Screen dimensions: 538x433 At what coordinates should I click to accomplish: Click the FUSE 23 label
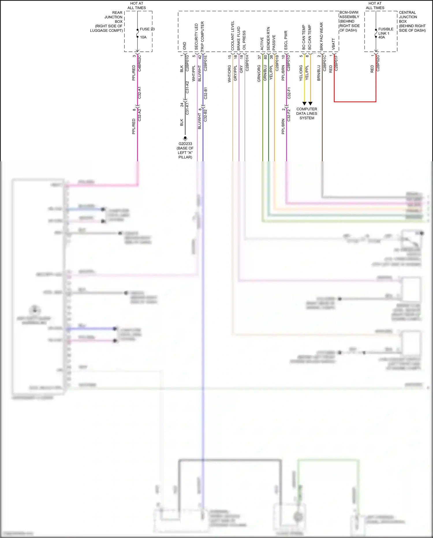pos(147,29)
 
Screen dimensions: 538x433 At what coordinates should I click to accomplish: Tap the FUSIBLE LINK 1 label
pos(385,31)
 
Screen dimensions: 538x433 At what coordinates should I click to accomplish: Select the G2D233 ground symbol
pos(185,138)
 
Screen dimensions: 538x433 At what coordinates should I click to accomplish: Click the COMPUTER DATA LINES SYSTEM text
pos(307,114)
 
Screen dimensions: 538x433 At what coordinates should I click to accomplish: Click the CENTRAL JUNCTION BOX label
pos(412,21)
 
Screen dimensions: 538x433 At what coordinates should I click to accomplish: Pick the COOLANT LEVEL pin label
pos(233,36)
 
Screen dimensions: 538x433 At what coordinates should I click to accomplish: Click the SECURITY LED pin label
pos(197,37)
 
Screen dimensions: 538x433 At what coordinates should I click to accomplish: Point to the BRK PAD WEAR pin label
pos(322,37)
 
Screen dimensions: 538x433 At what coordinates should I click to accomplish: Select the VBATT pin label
pos(334,44)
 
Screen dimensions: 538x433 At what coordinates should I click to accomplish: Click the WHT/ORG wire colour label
pos(229,74)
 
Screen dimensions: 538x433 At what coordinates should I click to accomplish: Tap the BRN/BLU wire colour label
pos(319,73)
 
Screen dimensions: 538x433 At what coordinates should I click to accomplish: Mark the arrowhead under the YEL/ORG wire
pos(304,103)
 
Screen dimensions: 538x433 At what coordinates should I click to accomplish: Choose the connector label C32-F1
pos(289,93)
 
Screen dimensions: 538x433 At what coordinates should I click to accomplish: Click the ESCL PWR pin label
pos(286,40)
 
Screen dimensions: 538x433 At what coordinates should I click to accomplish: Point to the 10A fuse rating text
pos(143,37)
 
